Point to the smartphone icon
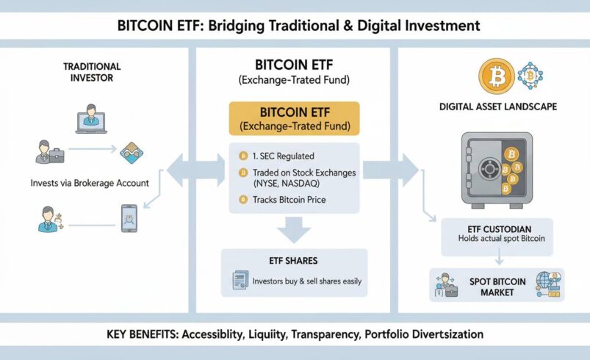tap(129, 217)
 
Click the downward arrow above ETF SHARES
tap(294, 231)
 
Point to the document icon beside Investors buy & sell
tap(239, 280)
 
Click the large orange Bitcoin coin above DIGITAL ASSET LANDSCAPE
tap(494, 76)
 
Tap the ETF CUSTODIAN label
tap(497, 227)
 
